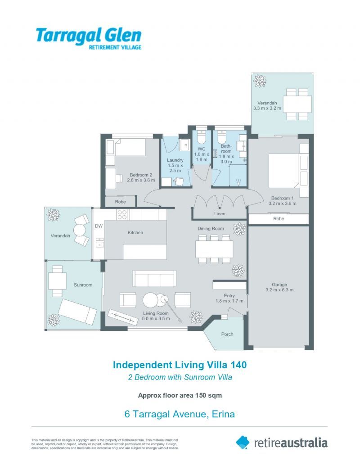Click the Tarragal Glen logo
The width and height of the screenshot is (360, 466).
pyautogui.click(x=88, y=37)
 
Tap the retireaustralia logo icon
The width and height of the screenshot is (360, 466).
pyautogui.click(x=243, y=442)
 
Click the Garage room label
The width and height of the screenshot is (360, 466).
pyautogui.click(x=279, y=285)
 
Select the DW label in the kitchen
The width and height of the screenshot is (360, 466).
pyautogui.click(x=99, y=226)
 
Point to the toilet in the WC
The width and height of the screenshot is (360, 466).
pyautogui.click(x=202, y=137)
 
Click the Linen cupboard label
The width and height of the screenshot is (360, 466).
pyautogui.click(x=220, y=213)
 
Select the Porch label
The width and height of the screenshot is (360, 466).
pyautogui.click(x=227, y=334)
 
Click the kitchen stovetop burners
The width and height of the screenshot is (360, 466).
pyautogui.click(x=122, y=214)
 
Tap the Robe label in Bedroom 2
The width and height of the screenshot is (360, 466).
pyautogui.click(x=120, y=202)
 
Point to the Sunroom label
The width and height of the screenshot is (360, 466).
pyautogui.click(x=83, y=285)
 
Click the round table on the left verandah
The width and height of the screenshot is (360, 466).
pyautogui.click(x=80, y=231)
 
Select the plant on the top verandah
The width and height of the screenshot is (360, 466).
pyautogui.click(x=260, y=81)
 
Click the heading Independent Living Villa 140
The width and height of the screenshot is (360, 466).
pyautogui.click(x=180, y=365)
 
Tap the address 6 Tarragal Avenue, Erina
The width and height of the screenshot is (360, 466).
pyautogui.click(x=180, y=414)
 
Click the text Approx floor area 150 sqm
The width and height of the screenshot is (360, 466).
pyautogui.click(x=180, y=395)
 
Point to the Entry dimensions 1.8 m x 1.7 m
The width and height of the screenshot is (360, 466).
pyautogui.click(x=229, y=301)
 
